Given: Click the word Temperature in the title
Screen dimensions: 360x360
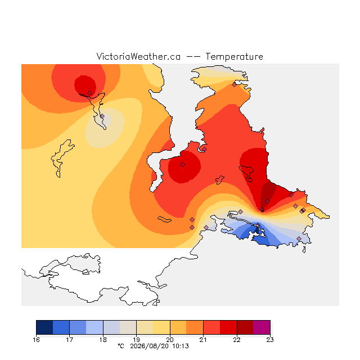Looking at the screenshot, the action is [x=234, y=56].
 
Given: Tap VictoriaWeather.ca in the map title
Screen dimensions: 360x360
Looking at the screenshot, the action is [x=138, y=56].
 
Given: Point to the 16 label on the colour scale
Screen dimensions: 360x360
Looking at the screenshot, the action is [x=36, y=340].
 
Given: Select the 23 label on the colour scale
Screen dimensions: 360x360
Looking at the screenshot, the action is [x=270, y=340].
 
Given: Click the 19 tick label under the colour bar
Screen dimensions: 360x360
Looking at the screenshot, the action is [x=136, y=340].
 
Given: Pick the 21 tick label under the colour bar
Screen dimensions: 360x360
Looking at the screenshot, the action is [x=203, y=340].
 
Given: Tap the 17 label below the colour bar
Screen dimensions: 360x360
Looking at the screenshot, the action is [x=70, y=340].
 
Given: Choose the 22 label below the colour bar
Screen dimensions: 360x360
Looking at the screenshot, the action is [x=237, y=340].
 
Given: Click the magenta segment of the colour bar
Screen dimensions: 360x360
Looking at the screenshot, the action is [x=262, y=327].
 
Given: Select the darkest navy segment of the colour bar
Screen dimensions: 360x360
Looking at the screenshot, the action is [x=44, y=327].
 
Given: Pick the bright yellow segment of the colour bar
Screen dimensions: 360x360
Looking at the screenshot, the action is [x=161, y=327].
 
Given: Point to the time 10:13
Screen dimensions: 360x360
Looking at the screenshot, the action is [x=181, y=346].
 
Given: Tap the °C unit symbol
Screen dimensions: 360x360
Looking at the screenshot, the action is [x=121, y=346].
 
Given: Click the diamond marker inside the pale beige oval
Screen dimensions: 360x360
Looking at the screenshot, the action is [x=102, y=116].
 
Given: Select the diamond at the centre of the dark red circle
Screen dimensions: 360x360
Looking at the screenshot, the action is [x=182, y=164].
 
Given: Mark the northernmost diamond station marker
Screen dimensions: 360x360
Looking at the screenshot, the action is [x=234, y=85].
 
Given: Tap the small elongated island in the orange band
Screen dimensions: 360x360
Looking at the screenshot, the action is [x=164, y=219].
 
